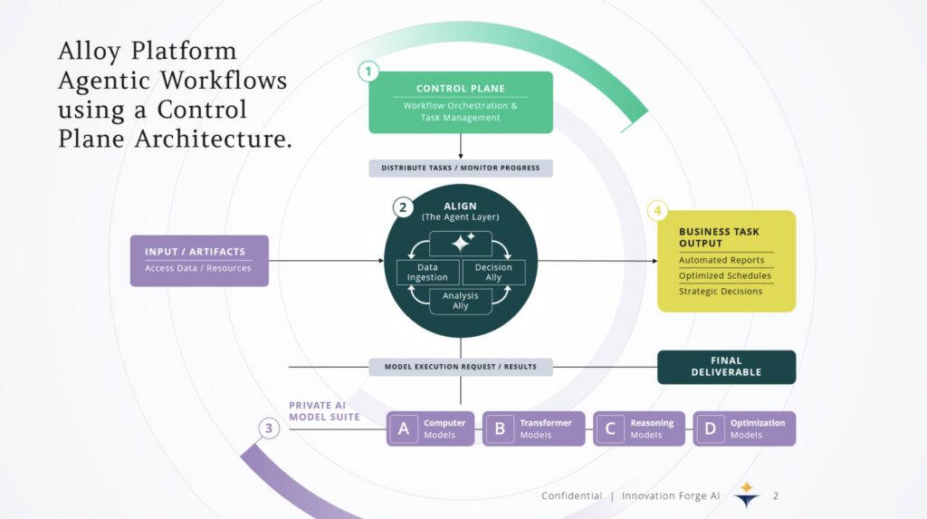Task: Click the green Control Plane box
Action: point(460,102)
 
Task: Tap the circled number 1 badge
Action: point(368,71)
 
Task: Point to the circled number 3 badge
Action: point(269,428)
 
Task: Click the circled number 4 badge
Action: point(658,211)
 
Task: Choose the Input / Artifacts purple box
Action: point(199,260)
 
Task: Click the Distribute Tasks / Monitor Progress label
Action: point(460,168)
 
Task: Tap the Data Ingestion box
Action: point(428,272)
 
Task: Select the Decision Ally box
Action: point(493,272)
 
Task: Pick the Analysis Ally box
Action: point(461,301)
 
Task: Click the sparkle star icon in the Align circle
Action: point(461,243)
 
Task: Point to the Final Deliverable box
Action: point(726,367)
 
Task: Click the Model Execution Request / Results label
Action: point(460,367)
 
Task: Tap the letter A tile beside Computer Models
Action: point(404,428)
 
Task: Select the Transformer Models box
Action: point(534,428)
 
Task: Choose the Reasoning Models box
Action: point(639,428)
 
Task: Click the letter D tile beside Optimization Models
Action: point(710,428)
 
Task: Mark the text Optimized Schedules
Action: point(725,275)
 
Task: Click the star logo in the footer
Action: point(746,494)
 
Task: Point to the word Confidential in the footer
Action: point(571,495)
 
